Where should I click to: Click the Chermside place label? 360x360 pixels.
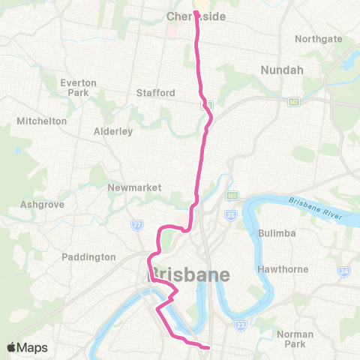tap(196, 16)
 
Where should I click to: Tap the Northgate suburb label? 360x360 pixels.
tap(318, 39)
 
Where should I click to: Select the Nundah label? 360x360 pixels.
tap(280, 70)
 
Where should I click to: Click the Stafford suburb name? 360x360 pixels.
tap(156, 93)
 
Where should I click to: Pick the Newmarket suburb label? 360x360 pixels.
tap(130, 187)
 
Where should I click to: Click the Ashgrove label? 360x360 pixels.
tap(43, 204)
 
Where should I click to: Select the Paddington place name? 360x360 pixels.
tap(89, 256)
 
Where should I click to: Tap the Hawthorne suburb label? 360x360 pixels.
tap(283, 268)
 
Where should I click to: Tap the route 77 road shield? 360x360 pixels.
tap(137, 224)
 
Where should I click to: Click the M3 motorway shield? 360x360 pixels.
tap(231, 196)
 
